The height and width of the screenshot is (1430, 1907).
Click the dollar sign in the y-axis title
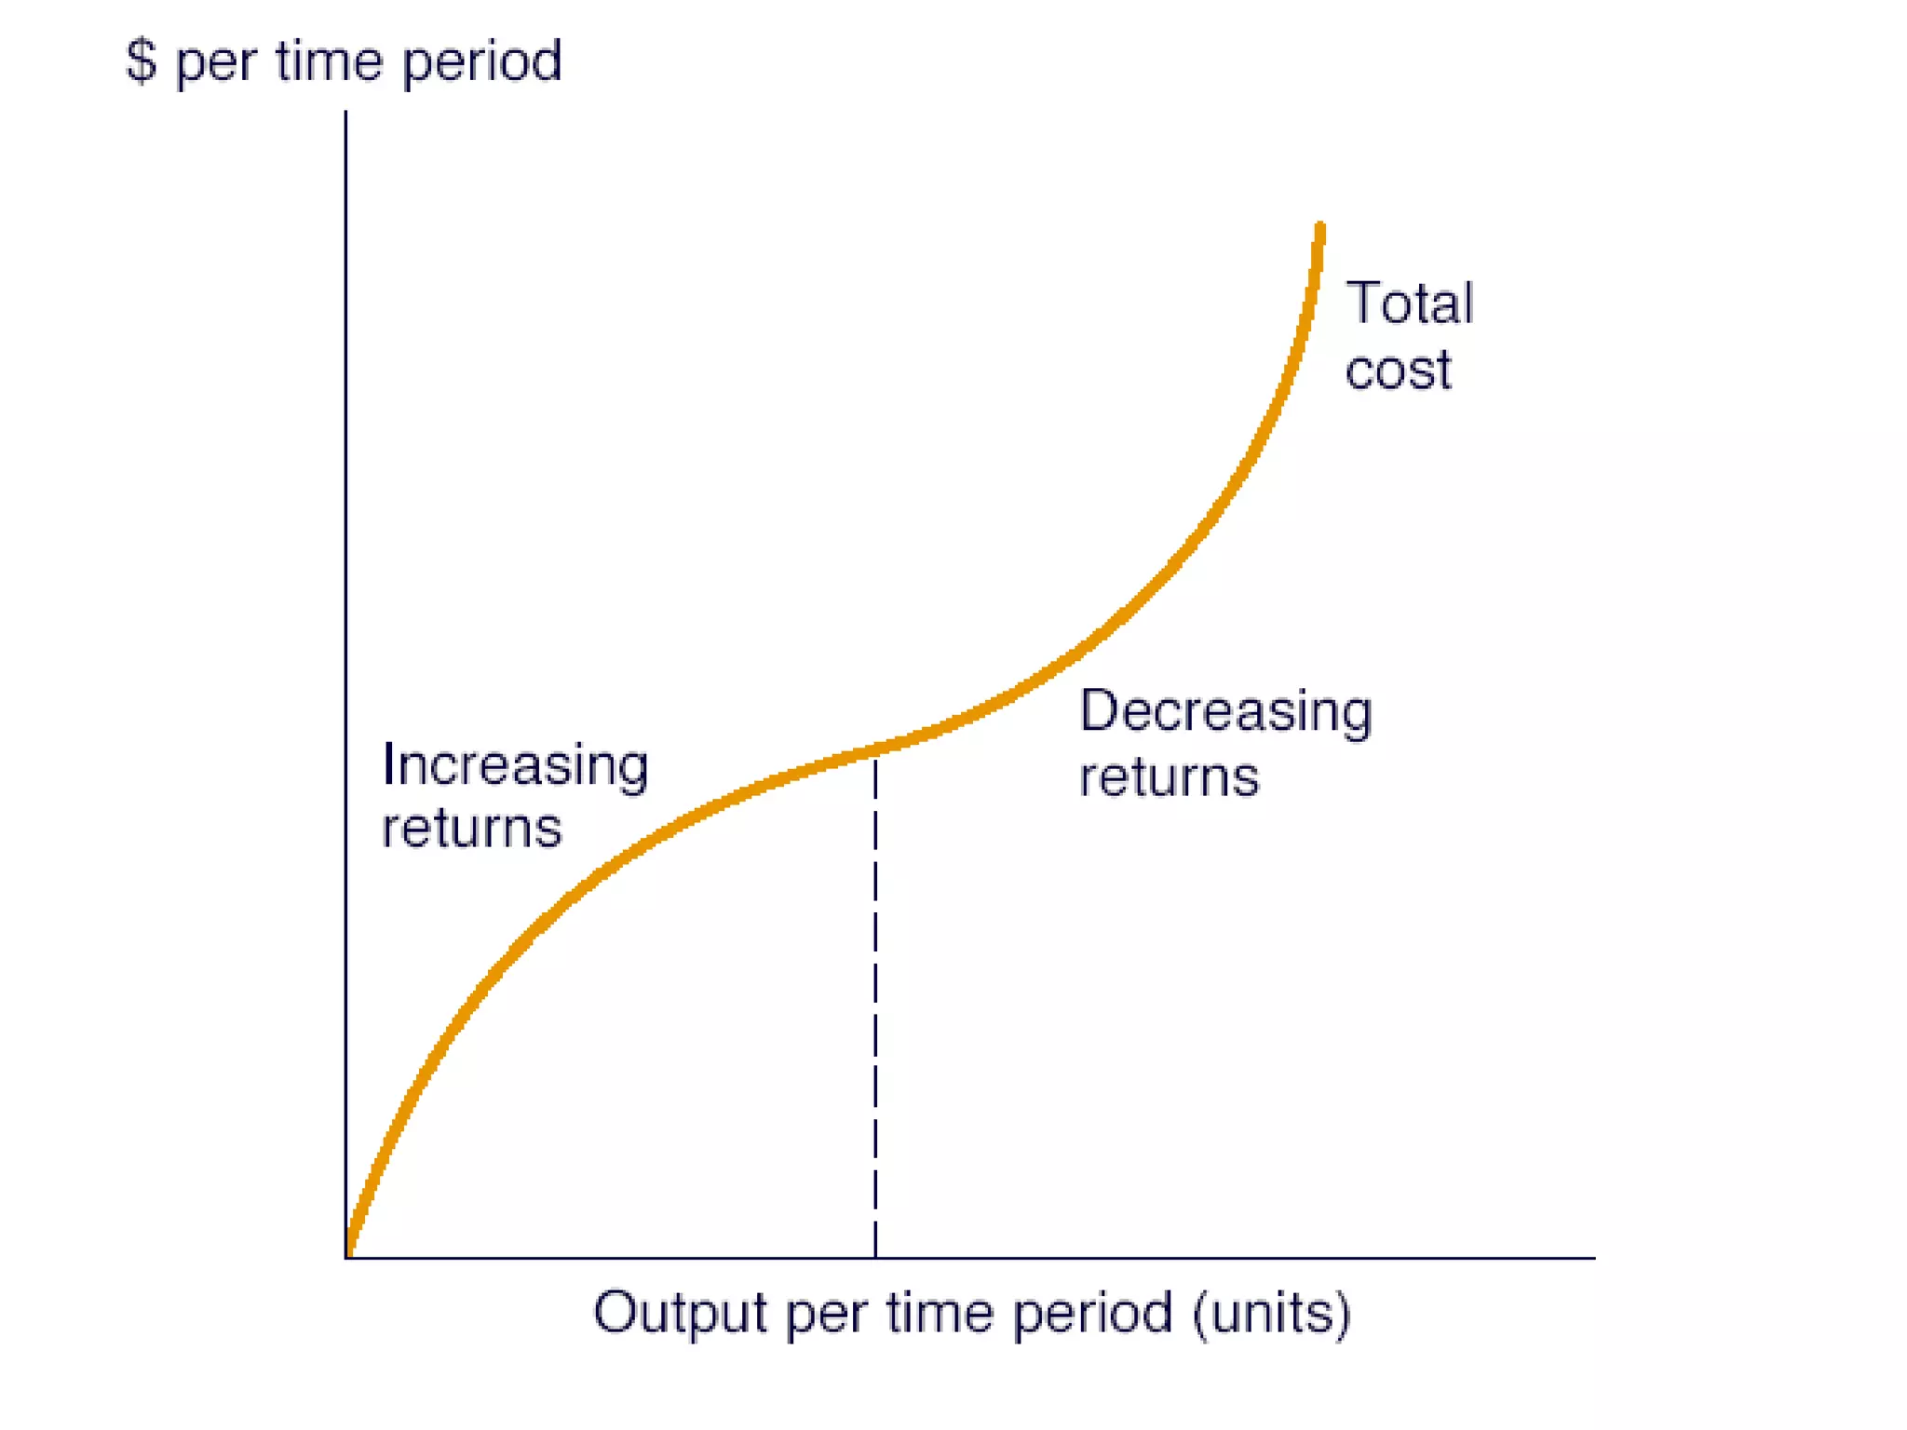(x=141, y=61)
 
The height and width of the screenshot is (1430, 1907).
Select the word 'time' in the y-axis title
(x=329, y=61)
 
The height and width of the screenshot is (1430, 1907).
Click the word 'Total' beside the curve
(x=1409, y=304)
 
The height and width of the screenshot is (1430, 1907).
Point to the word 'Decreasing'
(x=1225, y=713)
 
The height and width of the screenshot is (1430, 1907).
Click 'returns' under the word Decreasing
(x=1169, y=777)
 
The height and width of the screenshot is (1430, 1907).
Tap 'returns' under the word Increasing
(x=472, y=829)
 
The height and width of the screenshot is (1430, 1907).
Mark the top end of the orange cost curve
(x=1319, y=226)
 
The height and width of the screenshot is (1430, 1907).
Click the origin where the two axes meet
(x=346, y=1258)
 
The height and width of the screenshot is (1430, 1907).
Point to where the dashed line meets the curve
(x=875, y=749)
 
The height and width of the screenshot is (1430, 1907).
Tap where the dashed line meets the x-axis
(x=875, y=1258)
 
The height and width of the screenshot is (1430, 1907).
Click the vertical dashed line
(x=875, y=1005)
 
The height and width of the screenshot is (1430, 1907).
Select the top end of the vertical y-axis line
(x=346, y=113)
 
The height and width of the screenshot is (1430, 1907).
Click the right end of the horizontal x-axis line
(x=1593, y=1258)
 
